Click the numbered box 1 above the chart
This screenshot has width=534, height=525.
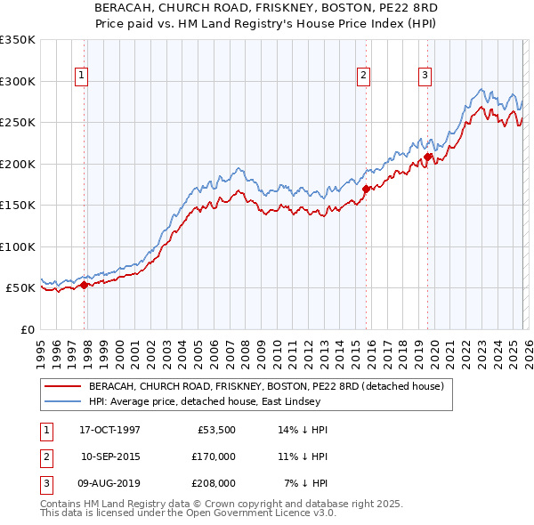tap(81, 77)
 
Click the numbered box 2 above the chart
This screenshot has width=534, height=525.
tap(364, 77)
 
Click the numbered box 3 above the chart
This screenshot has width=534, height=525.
tap(425, 77)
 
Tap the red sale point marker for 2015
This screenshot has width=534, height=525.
tap(366, 189)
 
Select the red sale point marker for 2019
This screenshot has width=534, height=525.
tap(428, 157)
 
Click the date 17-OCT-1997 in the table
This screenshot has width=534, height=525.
tap(109, 430)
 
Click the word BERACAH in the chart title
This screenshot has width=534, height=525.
tap(125, 6)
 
